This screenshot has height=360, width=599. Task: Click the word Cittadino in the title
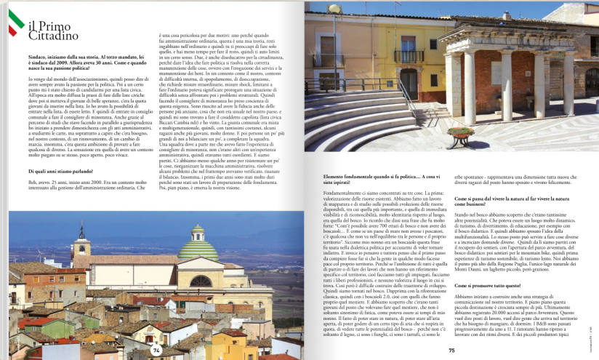(x=55, y=36)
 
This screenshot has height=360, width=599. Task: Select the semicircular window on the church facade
(x=201, y=281)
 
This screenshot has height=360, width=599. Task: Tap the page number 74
(x=156, y=350)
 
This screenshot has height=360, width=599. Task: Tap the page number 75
(x=451, y=351)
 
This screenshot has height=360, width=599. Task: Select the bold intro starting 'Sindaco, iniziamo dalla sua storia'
(x=80, y=58)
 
